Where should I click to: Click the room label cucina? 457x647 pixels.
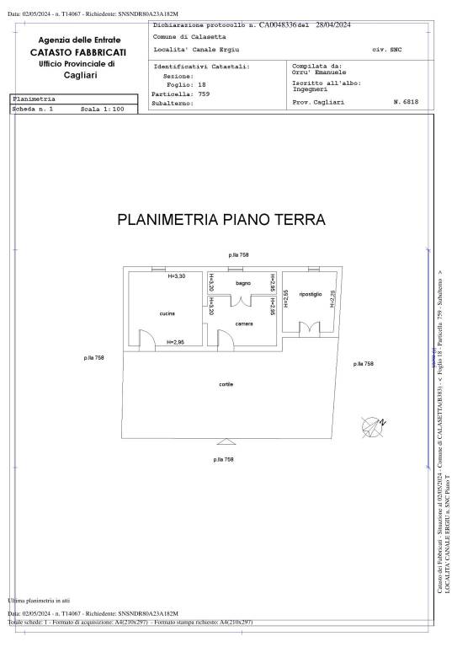(x=167, y=313)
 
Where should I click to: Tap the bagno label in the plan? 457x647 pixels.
(x=243, y=283)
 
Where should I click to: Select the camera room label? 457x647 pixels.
(x=244, y=323)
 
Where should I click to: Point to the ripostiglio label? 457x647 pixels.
(x=311, y=294)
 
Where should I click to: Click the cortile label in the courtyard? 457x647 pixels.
(x=226, y=384)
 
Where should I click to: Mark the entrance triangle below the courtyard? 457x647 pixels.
(x=224, y=441)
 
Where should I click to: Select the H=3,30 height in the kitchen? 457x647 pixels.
(x=177, y=276)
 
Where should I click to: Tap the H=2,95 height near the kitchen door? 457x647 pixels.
(x=177, y=342)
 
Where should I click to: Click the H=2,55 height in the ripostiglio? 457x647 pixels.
(x=285, y=299)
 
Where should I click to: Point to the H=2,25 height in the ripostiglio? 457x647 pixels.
(x=332, y=299)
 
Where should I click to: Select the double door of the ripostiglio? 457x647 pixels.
(x=310, y=327)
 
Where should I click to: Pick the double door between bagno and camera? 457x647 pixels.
(x=243, y=304)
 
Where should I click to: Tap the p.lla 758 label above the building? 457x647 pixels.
(x=239, y=254)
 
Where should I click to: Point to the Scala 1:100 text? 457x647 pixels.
(x=102, y=110)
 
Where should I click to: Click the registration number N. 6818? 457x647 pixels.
(x=406, y=101)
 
